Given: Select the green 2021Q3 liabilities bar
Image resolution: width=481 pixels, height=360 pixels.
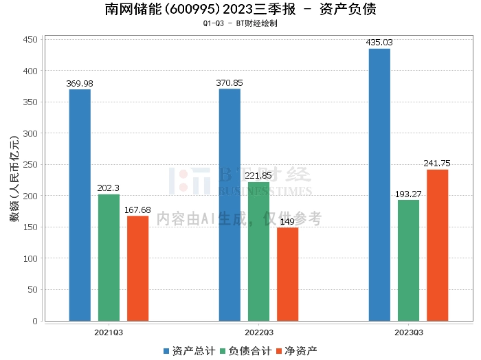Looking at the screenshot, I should click(x=109, y=258).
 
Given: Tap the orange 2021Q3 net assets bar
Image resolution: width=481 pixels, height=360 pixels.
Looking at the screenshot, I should click(x=137, y=269).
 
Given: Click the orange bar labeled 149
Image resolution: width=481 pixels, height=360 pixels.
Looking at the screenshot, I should click(x=287, y=274).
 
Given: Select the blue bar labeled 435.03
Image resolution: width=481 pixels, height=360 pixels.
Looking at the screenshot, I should click(x=379, y=185).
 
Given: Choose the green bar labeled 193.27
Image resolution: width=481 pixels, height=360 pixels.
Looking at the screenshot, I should click(x=408, y=260).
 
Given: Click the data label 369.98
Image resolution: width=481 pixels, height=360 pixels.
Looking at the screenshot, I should click(x=80, y=84).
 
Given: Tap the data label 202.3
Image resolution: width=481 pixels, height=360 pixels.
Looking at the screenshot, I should click(x=109, y=188).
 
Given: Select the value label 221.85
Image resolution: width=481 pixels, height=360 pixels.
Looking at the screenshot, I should click(x=258, y=176).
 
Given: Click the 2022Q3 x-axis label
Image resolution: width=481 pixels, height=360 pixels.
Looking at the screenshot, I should click(x=258, y=333).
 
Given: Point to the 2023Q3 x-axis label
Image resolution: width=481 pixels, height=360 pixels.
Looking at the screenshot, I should click(x=408, y=333).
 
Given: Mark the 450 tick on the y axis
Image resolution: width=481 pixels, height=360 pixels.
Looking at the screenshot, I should click(x=31, y=39).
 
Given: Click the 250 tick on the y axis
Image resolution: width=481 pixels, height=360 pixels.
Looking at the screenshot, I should click(x=31, y=164).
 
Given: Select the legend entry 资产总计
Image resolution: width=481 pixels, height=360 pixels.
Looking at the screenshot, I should click(x=188, y=351).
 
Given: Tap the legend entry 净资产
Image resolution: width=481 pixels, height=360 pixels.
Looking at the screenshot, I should click(x=297, y=351).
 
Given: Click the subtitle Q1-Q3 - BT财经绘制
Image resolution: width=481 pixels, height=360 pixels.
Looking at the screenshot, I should click(x=240, y=23).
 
